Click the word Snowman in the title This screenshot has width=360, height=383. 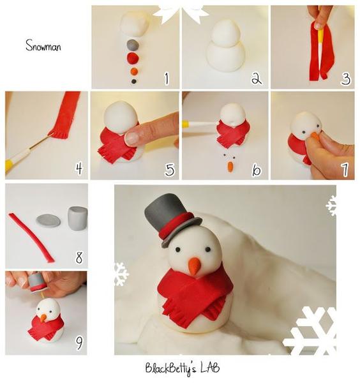coord(43,45)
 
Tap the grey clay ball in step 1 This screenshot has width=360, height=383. coord(133,45)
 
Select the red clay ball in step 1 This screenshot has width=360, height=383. coord(133,58)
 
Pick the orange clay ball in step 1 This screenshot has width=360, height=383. coord(134,71)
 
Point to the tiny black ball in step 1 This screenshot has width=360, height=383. coord(133,81)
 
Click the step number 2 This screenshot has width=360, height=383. coord(256,78)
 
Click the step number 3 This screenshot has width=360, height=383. coord(345,78)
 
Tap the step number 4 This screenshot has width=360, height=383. coord(79,169)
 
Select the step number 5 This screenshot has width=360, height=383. coord(170,169)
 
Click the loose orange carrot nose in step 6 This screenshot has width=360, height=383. coord(230,167)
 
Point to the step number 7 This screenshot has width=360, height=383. coord(345,169)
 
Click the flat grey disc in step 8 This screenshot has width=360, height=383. coord(49,221)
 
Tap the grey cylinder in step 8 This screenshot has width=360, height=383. coord(77,218)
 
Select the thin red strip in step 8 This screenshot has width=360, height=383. coord(32,236)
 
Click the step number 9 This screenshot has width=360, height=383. coord(79,343)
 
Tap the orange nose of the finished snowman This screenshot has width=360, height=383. coord(195,266)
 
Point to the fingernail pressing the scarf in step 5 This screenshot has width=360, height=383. coord(132,138)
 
